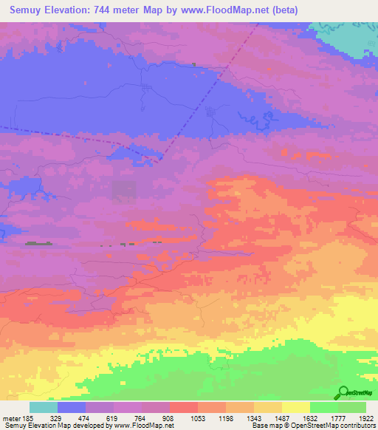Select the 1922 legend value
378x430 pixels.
tap(367, 418)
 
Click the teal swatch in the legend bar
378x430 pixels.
tap(44, 407)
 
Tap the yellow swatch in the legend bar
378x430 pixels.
tap(295, 407)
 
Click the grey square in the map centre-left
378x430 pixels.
tap(123, 191)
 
